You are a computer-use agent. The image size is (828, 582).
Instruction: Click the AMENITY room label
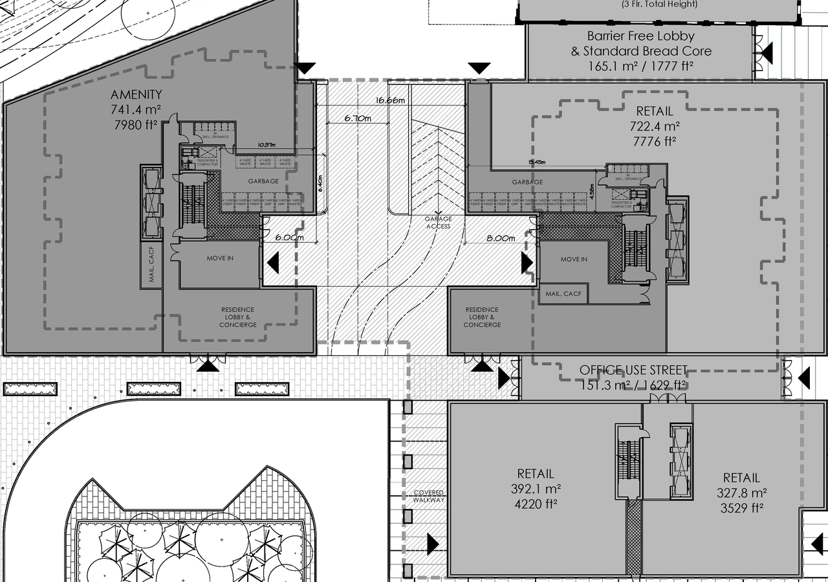(136, 95)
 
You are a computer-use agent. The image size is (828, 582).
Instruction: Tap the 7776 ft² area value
(654, 140)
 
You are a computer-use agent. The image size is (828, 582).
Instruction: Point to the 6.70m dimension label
(358, 118)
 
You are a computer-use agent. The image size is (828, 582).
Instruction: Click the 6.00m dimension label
(289, 238)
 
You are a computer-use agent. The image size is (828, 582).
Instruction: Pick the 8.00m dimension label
(501, 238)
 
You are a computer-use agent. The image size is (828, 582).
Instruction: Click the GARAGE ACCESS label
(438, 223)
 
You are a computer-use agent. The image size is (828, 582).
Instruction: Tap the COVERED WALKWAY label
(429, 497)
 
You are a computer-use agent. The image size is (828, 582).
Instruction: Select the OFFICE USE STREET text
(633, 370)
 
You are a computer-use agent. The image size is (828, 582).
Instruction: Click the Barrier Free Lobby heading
(640, 36)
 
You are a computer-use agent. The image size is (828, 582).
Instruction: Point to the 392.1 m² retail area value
(535, 489)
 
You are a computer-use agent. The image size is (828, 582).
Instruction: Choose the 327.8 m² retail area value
(741, 493)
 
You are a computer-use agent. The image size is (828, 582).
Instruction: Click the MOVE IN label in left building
(220, 258)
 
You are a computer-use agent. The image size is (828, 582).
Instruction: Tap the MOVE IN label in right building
(574, 259)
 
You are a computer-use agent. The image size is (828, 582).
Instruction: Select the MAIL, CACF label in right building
(563, 294)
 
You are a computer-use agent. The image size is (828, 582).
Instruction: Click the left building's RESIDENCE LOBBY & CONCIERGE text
(237, 317)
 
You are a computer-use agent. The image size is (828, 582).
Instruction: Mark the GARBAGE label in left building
(263, 181)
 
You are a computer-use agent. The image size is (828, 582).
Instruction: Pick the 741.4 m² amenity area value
(136, 110)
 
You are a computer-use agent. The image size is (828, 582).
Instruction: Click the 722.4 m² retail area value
(654, 126)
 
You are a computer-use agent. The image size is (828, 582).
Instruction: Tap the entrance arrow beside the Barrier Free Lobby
(768, 51)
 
